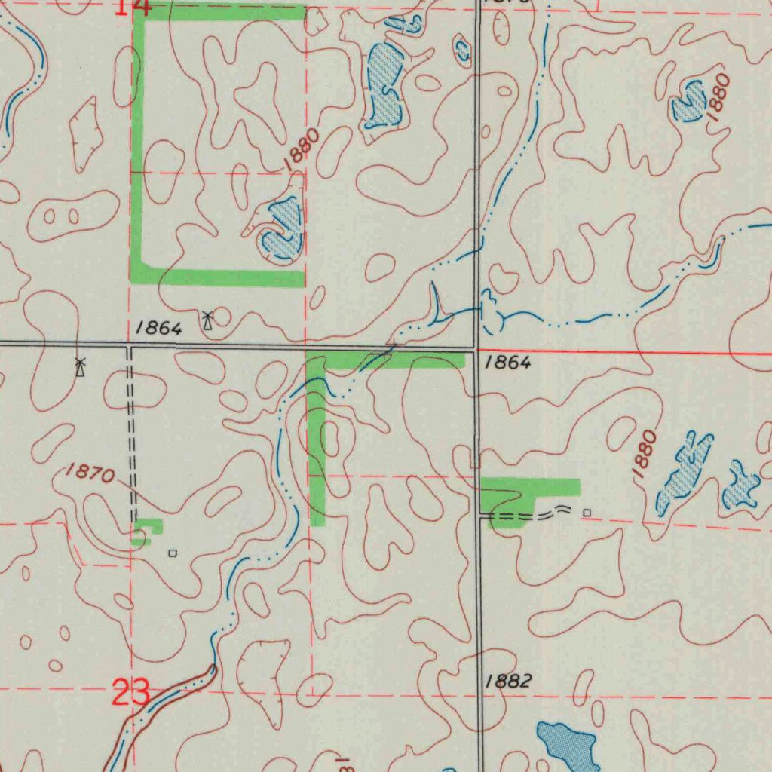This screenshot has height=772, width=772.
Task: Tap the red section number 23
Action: click(x=130, y=693)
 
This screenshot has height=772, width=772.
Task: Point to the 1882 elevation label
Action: click(x=508, y=681)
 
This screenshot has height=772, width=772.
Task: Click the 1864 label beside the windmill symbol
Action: click(x=159, y=328)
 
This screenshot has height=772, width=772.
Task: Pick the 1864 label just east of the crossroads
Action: click(x=508, y=363)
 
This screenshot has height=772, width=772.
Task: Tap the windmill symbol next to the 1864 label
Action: click(x=207, y=320)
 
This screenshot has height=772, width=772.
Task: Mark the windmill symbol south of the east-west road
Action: click(x=80, y=367)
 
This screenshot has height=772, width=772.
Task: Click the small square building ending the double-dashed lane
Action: click(x=587, y=513)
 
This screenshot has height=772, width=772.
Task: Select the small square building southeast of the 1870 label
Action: click(x=173, y=553)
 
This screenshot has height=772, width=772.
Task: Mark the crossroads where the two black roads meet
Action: click(x=476, y=349)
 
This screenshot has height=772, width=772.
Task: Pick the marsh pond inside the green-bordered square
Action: click(x=283, y=230)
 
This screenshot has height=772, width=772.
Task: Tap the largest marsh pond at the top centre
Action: click(x=384, y=84)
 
